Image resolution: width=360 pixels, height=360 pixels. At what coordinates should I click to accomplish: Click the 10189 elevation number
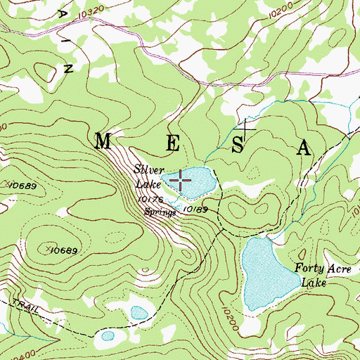pos(196,209)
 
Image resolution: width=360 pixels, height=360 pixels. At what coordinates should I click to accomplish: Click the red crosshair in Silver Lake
pos(181,181)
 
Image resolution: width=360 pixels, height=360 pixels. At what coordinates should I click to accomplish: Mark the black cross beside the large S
pos(247,127)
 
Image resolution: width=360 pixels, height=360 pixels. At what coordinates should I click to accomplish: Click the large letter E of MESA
pos(172,143)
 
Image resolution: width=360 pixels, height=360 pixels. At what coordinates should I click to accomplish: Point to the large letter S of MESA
pos(238,146)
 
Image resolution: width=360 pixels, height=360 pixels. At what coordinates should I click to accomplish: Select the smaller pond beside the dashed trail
pos(108,335)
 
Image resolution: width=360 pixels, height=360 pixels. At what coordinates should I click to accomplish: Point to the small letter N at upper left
pos(69,69)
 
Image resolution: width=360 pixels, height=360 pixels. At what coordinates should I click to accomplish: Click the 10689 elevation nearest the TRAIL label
pos(63,250)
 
